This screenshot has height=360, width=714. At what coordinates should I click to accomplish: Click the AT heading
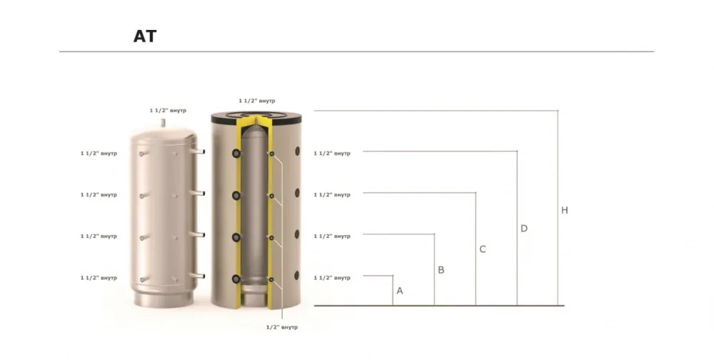tap(145, 36)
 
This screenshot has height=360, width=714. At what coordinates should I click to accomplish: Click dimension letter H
tap(565, 210)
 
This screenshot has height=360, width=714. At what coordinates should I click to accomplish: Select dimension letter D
tap(524, 229)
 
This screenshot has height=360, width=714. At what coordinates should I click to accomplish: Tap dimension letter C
tap(483, 249)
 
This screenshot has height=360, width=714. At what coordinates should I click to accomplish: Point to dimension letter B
tap(441, 270)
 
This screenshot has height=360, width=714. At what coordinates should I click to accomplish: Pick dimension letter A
tap(400, 291)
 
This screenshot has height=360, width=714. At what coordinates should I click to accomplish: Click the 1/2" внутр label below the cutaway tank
tap(282, 327)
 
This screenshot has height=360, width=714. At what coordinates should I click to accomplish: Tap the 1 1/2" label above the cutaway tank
tap(257, 101)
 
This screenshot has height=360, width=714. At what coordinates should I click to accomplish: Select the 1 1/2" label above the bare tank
tap(168, 110)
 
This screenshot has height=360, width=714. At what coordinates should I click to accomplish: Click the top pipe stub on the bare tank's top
tap(164, 124)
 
